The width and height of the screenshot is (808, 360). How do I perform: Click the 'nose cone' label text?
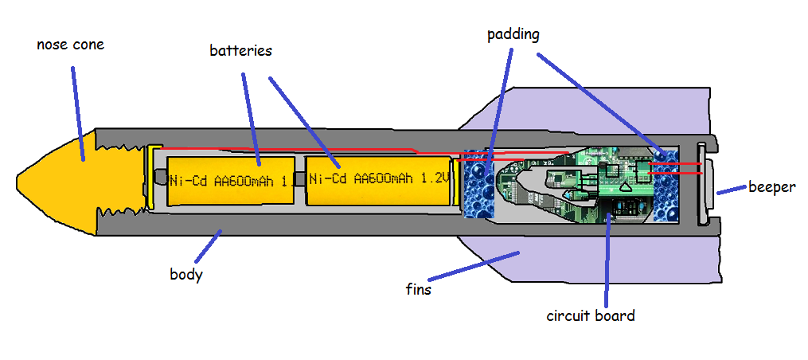(x=70, y=45)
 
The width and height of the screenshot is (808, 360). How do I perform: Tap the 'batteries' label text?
(x=240, y=51)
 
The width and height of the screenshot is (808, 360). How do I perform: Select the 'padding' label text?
(x=513, y=34)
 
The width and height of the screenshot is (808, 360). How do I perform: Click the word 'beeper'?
(x=771, y=187)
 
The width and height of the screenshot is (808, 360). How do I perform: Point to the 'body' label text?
(x=186, y=275)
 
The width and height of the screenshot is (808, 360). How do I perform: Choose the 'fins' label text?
(x=418, y=289)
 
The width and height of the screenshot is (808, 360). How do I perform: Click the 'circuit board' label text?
(x=590, y=315)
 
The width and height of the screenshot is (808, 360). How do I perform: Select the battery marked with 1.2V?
(x=377, y=179)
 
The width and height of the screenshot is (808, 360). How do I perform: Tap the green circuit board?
(x=605, y=179)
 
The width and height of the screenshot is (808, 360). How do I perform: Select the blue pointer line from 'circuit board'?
(x=607, y=255)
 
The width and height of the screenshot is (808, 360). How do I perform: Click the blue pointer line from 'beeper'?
(x=730, y=191)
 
